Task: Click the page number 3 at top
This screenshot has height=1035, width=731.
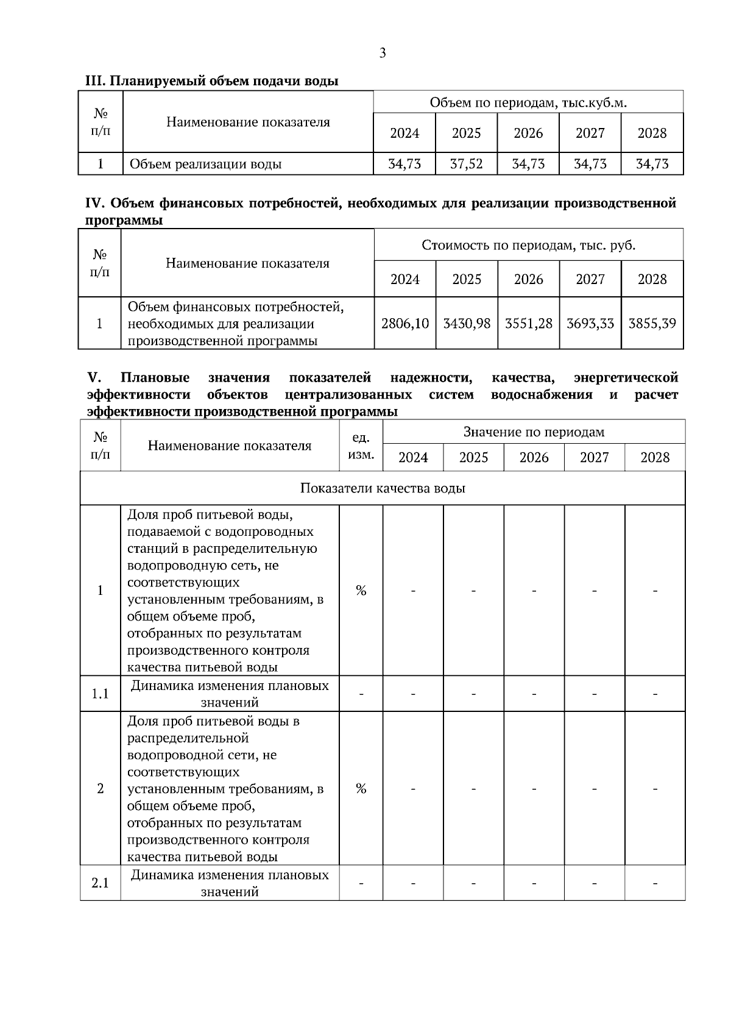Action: tap(383, 54)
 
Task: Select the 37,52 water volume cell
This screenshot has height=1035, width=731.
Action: tap(466, 164)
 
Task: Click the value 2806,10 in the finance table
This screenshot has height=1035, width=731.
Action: tap(405, 323)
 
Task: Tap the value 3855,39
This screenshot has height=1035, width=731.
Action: tap(652, 323)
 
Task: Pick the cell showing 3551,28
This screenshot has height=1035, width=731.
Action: tap(528, 323)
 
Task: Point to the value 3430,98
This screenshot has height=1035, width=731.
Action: tap(467, 323)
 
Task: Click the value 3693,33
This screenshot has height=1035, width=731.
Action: tap(590, 323)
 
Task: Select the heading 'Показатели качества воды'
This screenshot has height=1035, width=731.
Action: tap(383, 488)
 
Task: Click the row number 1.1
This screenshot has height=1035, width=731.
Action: tap(101, 694)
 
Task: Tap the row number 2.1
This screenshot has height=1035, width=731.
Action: tap(101, 883)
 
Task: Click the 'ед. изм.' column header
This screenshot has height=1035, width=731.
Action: tap(361, 446)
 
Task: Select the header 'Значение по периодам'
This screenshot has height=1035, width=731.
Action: tap(534, 432)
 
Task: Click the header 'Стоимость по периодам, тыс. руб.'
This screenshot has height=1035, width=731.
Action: tap(528, 245)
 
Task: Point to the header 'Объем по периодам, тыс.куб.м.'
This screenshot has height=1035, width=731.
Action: tap(528, 102)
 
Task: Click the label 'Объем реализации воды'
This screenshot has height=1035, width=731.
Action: tap(205, 164)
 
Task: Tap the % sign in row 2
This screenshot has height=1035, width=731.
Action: tap(361, 789)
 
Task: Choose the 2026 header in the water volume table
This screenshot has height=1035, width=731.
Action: tap(528, 133)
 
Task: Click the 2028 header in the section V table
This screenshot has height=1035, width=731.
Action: tap(655, 458)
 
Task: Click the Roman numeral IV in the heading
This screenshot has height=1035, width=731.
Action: tap(96, 203)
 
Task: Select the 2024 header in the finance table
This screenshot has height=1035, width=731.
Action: tap(405, 279)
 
